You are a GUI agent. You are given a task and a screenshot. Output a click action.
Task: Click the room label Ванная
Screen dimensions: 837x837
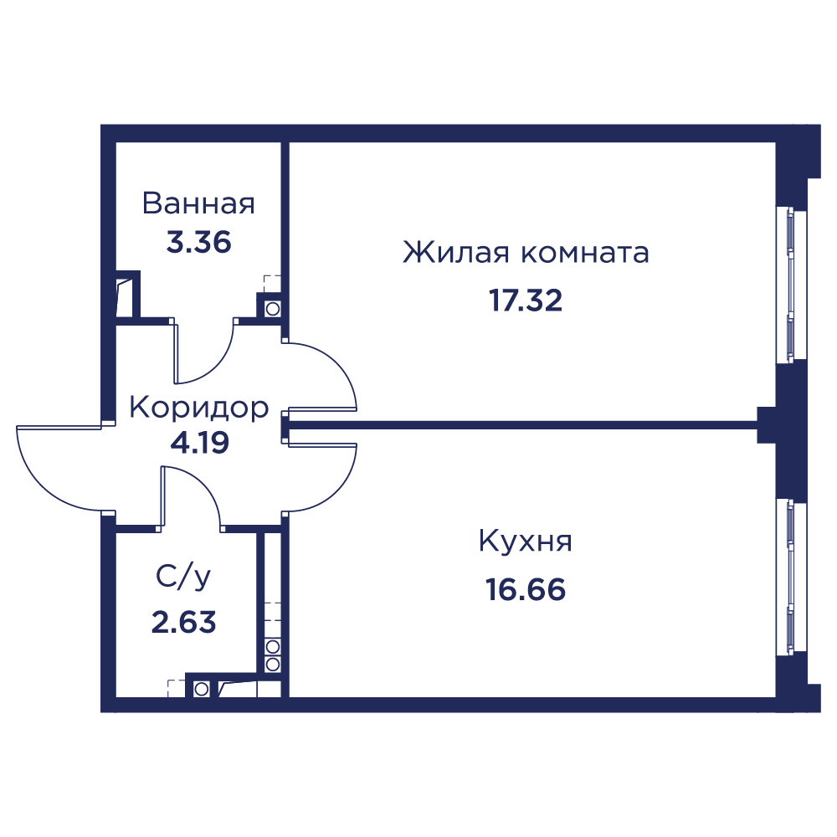[x=198, y=203]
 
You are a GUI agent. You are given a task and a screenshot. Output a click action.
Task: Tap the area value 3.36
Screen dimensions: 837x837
[x=198, y=243]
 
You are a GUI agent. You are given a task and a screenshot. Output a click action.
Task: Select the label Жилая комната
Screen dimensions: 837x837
[x=526, y=253]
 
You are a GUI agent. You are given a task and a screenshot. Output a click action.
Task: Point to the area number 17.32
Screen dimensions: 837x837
[x=526, y=300]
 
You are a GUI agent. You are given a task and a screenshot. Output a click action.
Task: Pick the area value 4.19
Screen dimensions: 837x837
[x=200, y=443]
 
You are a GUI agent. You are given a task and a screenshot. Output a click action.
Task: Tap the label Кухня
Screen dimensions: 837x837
[x=526, y=542]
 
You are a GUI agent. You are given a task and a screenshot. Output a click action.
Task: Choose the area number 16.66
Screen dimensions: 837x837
[x=526, y=590]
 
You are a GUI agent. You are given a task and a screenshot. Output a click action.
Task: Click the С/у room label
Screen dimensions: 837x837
[x=183, y=577]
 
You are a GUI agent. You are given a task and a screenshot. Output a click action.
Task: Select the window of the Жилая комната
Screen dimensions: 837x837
[x=791, y=284]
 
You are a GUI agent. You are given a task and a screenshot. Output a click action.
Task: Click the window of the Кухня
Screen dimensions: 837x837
[x=791, y=577]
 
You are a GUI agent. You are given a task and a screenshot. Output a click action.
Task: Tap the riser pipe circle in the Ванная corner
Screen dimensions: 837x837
[x=272, y=309]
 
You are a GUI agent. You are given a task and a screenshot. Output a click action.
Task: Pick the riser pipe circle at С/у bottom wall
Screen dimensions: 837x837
[x=201, y=689]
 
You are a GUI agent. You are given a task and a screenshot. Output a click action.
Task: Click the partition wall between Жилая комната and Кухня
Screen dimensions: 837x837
[x=523, y=425]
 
